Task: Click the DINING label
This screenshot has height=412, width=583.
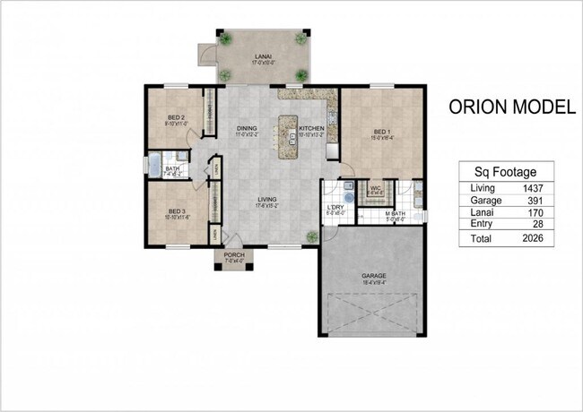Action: pos(248,129)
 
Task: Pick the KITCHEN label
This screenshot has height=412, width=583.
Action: pos(310,129)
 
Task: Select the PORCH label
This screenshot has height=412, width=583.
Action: pos(232,253)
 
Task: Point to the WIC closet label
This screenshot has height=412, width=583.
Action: pos(376,188)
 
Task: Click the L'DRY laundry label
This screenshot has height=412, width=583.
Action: pos(335,209)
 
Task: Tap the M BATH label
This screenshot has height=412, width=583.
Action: pos(396,214)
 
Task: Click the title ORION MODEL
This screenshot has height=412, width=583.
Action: pos(511,108)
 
